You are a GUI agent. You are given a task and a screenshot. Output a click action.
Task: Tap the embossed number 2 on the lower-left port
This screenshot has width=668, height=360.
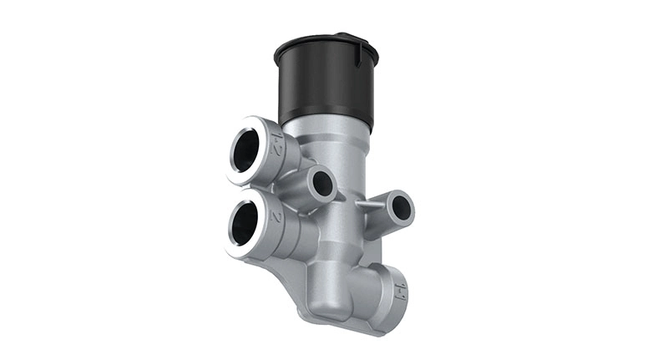point(276,215)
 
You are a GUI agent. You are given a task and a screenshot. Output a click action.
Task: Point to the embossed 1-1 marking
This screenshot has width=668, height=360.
point(400,291)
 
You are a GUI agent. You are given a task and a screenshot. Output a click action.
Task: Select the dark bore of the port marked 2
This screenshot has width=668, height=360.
point(243,224)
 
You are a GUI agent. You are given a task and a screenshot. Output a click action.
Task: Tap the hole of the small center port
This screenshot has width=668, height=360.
point(322,184)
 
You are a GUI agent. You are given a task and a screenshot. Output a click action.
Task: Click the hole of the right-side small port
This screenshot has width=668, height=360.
point(402,206)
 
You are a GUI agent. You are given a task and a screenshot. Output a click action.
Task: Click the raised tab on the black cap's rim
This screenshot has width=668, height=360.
point(343,36)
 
